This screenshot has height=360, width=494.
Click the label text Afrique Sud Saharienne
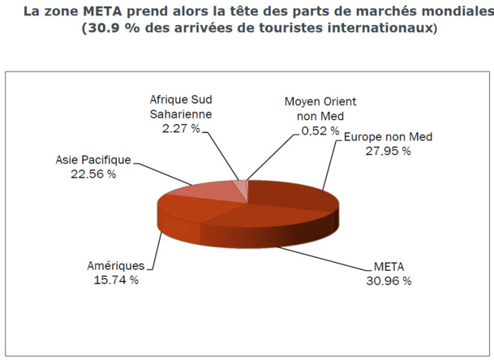180,107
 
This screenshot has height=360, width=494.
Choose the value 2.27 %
180,127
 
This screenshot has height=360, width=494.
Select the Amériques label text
115,265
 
